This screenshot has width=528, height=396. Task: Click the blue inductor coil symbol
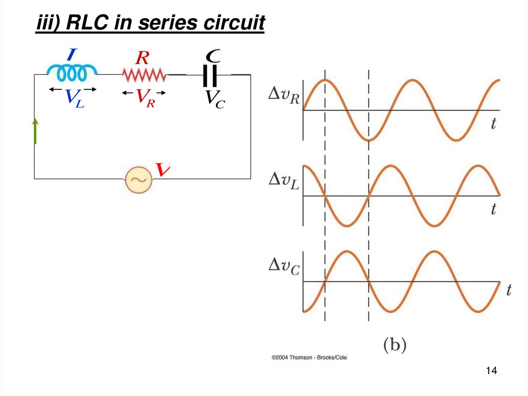[71, 74]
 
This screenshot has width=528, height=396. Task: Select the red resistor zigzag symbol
[144, 76]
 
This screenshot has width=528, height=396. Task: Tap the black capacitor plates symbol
[210, 76]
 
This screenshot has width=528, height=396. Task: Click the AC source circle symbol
[138, 179]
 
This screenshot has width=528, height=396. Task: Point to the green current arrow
[35, 131]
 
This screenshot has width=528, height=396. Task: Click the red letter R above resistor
[142, 58]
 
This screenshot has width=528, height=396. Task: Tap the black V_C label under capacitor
[214, 99]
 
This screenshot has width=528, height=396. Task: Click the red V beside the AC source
[163, 169]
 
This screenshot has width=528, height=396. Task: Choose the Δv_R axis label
[284, 97]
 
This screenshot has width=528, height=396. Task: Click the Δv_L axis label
[284, 181]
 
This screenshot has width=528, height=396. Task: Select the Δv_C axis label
[284, 266]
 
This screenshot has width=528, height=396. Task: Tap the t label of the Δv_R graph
[493, 124]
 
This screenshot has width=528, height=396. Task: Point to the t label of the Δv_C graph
[509, 290]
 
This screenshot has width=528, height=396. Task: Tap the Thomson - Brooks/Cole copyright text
[309, 357]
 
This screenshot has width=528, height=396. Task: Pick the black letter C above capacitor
[213, 54]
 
